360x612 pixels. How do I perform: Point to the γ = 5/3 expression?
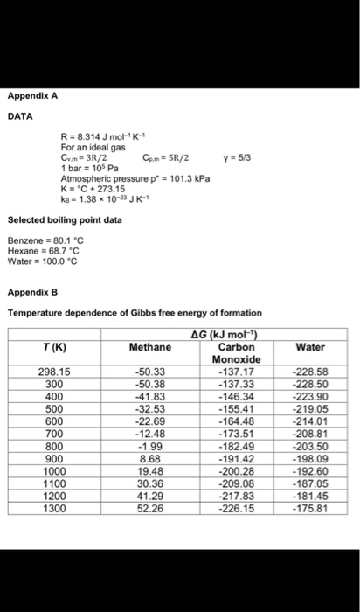236,159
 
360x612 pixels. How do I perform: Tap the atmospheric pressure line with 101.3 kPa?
119,179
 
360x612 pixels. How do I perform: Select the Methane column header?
151,346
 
